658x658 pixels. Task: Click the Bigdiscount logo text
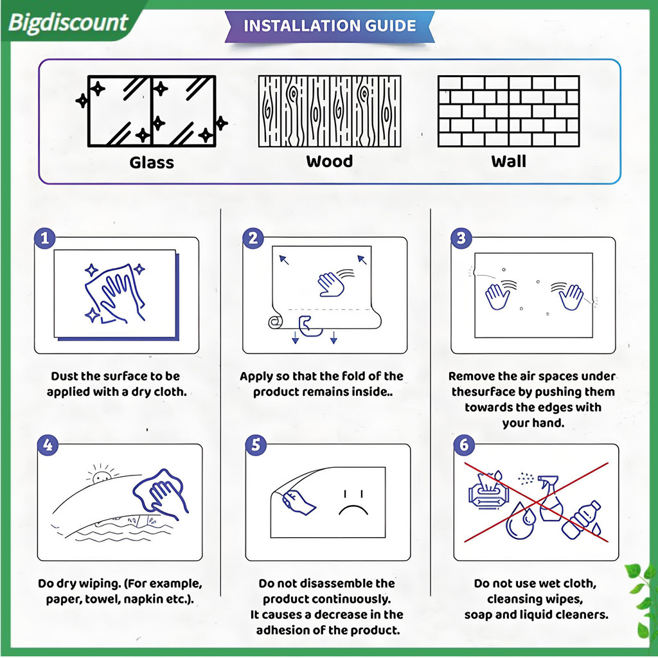(x=67, y=22)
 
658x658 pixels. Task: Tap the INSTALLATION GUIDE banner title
(x=330, y=26)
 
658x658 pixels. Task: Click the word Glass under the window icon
(x=152, y=163)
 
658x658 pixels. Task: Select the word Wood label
(x=330, y=161)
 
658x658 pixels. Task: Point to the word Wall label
(x=509, y=161)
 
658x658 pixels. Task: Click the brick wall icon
(x=509, y=111)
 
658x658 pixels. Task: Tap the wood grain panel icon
(x=330, y=111)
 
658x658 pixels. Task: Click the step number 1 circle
(x=45, y=238)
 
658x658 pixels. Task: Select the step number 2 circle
(x=253, y=238)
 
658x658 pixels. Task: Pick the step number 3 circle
(x=461, y=238)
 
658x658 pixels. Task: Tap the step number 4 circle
(x=48, y=445)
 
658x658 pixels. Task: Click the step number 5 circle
(x=256, y=445)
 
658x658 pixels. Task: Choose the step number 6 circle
(x=464, y=445)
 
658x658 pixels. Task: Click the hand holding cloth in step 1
(x=116, y=292)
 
